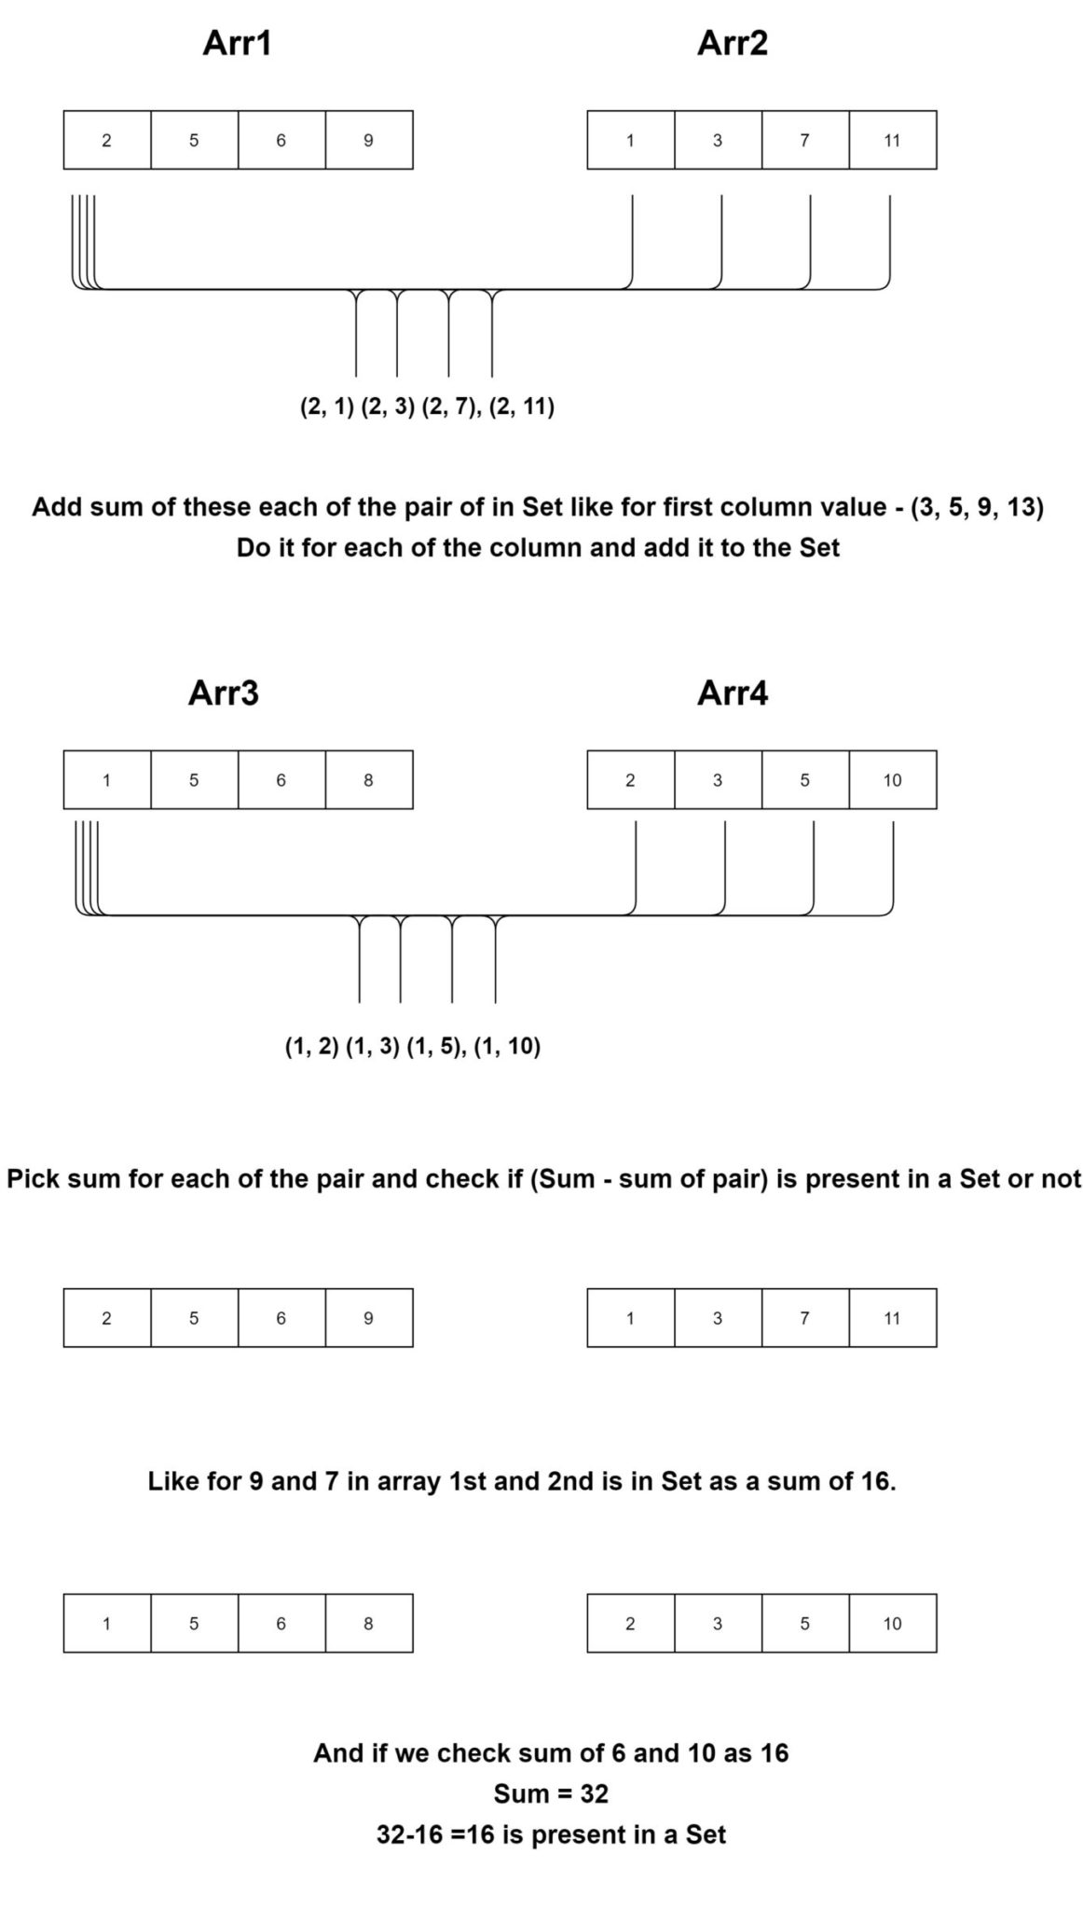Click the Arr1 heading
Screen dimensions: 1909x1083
pyautogui.click(x=237, y=44)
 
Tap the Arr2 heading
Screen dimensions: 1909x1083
pyautogui.click(x=733, y=44)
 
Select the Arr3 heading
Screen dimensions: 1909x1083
pyautogui.click(x=224, y=694)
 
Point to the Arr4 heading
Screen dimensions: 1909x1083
pyautogui.click(x=733, y=694)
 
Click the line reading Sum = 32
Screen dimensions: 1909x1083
pyautogui.click(x=551, y=1793)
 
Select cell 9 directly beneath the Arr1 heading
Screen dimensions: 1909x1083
pyautogui.click(x=368, y=141)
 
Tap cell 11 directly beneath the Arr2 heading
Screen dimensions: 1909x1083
pyautogui.click(x=892, y=141)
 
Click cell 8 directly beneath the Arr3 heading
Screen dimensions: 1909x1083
pyautogui.click(x=368, y=780)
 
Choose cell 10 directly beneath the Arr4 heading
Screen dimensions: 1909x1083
pyautogui.click(x=892, y=780)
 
